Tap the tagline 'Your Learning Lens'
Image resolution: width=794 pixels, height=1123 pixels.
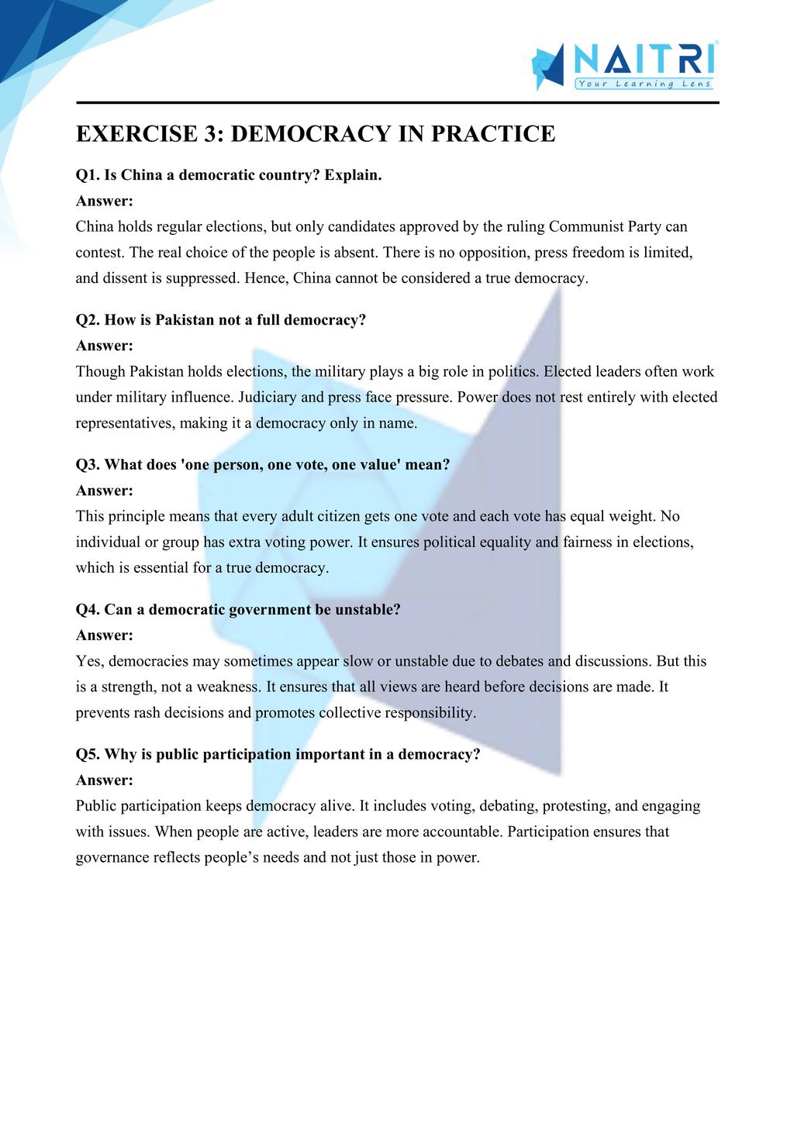click(644, 84)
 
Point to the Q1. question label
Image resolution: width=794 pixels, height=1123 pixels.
click(88, 175)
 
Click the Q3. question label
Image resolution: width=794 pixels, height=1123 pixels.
click(88, 465)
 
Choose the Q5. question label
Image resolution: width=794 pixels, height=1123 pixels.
click(88, 754)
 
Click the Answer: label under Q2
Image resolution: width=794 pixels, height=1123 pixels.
click(105, 346)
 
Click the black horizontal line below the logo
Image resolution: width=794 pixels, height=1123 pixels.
click(397, 102)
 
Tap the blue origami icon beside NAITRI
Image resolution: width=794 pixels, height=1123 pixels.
click(549, 65)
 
